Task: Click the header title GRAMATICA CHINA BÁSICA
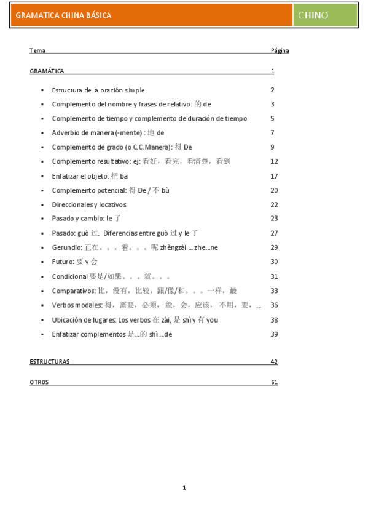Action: click(63, 15)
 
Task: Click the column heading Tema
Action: click(37, 51)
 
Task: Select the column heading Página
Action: click(280, 51)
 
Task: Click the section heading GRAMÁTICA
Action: click(47, 71)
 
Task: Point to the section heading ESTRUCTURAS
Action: click(49, 362)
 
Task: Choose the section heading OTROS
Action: click(39, 382)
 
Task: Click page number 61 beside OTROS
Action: click(274, 382)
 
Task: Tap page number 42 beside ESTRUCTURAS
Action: click(274, 362)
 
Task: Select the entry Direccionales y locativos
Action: click(89, 204)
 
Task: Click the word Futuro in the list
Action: click(62, 262)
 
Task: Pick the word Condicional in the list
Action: click(69, 276)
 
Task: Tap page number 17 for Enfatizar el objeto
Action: click(274, 176)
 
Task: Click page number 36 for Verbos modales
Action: click(274, 305)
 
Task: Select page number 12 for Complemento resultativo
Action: click(274, 161)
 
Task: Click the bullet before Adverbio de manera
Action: click(42, 133)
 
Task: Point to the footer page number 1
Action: click(184, 488)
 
